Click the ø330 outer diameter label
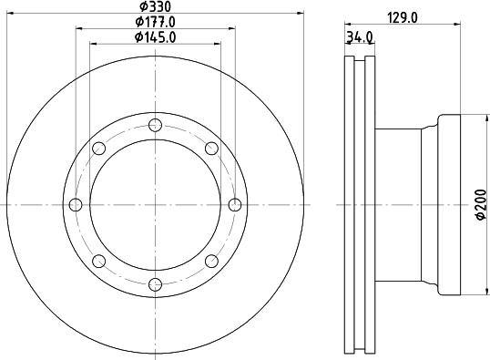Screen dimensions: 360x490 [154, 6]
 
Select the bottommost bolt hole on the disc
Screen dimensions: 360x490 [154, 284]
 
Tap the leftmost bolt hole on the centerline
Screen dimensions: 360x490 [75, 204]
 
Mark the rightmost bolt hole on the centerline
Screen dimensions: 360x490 [234, 204]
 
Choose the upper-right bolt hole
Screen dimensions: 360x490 [210, 148]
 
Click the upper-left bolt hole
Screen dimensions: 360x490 [97, 148]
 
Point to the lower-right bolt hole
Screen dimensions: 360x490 [210, 261]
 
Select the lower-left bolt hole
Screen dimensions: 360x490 [97, 261]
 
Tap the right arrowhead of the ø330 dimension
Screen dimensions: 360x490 [299, 13]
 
